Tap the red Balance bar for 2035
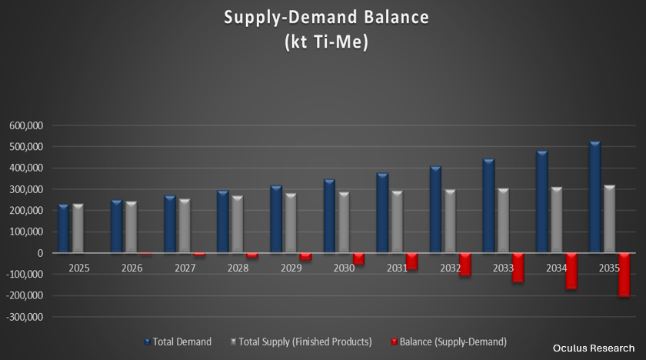[624, 274]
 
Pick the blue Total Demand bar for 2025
[63, 228]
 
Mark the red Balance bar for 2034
[571, 271]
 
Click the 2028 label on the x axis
[238, 268]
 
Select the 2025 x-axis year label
[78, 268]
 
